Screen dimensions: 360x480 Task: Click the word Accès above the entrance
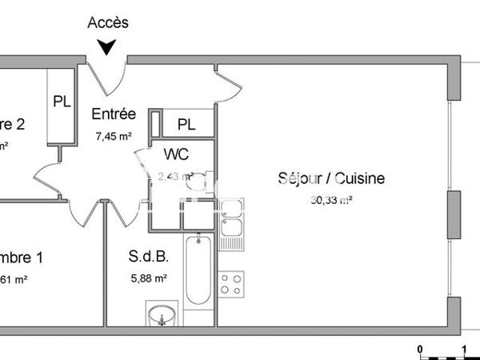pos(108,23)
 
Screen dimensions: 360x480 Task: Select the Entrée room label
pos(114,114)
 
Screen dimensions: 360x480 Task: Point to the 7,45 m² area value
pos(114,136)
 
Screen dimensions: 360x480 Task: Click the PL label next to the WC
pos(186,124)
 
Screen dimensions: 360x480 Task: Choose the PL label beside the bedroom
pos(62,102)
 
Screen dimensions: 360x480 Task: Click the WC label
pos(176,153)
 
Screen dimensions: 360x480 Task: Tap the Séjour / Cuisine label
pos(331,178)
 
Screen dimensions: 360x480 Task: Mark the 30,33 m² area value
pos(331,201)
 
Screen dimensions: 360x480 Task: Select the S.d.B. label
pos(148,258)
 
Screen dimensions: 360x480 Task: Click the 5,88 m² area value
pos(148,279)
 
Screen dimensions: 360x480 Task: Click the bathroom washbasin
pos(162,315)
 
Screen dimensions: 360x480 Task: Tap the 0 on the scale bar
pos(420,348)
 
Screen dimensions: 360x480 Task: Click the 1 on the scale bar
pos(466,348)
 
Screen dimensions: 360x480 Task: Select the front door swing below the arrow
pos(112,74)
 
